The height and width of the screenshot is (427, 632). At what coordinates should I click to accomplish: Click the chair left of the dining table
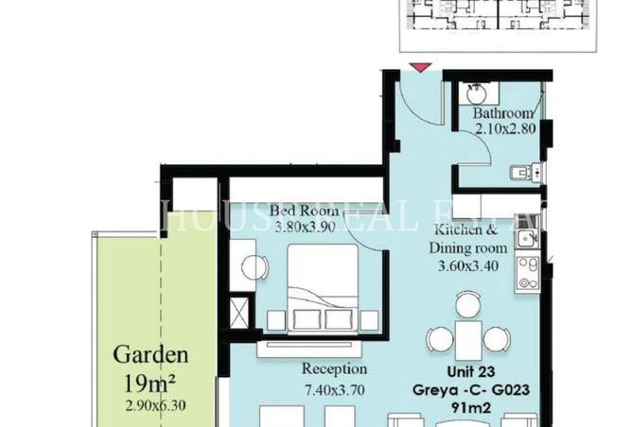[439, 338]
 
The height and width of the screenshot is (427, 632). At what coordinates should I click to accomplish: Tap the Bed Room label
[300, 210]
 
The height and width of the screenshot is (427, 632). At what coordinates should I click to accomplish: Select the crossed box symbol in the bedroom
[240, 312]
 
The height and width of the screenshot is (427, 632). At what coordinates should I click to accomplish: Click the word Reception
[334, 368]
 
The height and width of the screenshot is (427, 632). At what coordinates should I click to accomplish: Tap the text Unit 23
[470, 371]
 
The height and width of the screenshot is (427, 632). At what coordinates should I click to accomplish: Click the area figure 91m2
[471, 407]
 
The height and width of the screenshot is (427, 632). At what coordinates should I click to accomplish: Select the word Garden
[150, 356]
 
